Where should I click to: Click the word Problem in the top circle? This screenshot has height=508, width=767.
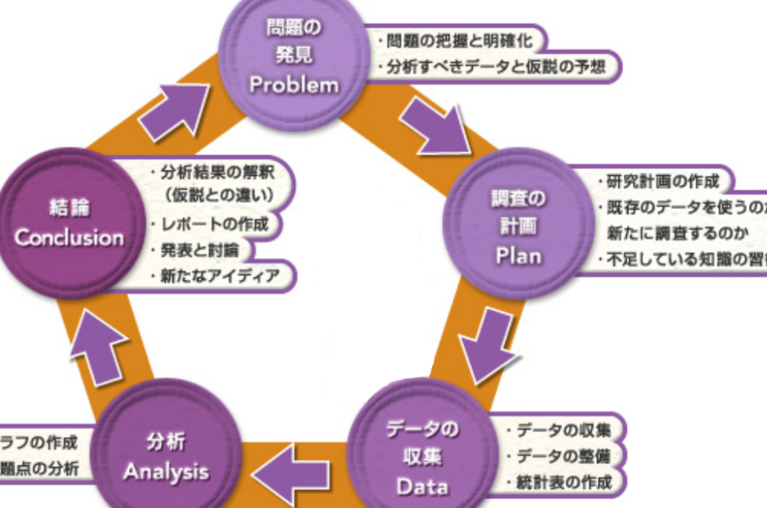(x=294, y=84)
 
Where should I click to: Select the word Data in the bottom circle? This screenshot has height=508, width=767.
(x=422, y=486)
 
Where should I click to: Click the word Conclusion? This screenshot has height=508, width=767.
(x=70, y=238)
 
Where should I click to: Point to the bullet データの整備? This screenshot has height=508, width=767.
(x=560, y=456)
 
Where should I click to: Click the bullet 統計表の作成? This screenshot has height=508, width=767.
(x=560, y=481)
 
